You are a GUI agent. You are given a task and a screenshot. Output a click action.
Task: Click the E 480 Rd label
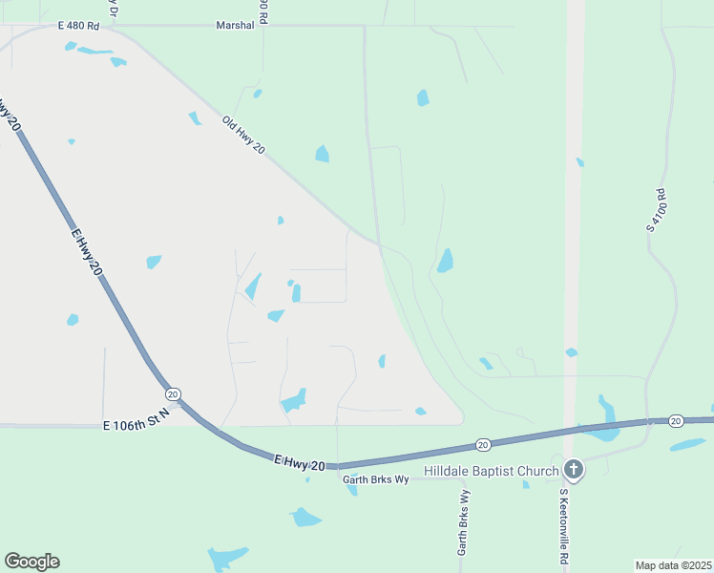(x=77, y=26)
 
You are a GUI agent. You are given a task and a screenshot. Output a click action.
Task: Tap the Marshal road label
(x=235, y=26)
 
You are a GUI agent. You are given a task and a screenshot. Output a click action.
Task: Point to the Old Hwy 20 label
(x=242, y=137)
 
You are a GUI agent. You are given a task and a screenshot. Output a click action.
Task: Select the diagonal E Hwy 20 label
(x=85, y=252)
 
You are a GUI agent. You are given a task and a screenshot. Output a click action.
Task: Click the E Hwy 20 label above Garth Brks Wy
(x=299, y=462)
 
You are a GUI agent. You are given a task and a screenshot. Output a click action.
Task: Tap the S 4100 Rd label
(x=655, y=211)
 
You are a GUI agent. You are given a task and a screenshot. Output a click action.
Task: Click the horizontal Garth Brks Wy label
(x=375, y=478)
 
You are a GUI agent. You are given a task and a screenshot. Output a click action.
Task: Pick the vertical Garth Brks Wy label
(x=463, y=523)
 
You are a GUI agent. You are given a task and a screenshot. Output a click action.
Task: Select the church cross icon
(x=573, y=469)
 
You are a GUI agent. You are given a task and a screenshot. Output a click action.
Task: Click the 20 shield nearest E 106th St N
(x=172, y=393)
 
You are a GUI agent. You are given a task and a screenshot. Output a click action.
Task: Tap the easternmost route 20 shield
(x=676, y=420)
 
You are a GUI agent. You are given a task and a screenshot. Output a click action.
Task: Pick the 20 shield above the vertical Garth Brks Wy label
(x=483, y=444)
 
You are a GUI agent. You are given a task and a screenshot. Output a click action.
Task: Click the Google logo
(x=31, y=562)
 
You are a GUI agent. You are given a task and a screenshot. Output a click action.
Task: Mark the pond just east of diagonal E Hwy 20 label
(x=154, y=262)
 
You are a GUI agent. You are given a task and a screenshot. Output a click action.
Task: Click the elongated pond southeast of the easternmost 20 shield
(x=687, y=445)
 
